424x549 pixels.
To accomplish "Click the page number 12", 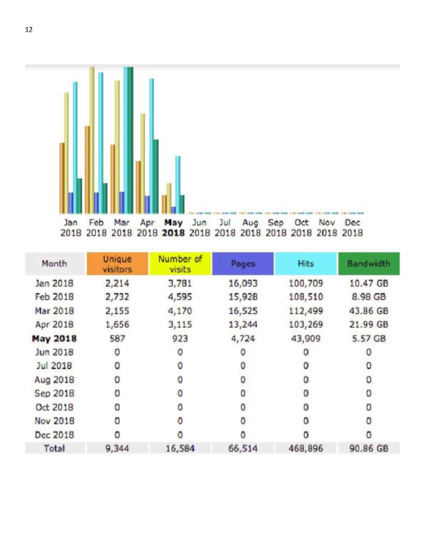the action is click(29, 30).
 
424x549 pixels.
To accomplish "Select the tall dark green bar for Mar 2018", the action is click(130, 140).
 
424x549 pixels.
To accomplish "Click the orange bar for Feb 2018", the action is click(87, 170).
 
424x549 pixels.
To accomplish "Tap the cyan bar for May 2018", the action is click(178, 185).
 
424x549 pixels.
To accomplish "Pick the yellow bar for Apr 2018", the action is click(143, 164).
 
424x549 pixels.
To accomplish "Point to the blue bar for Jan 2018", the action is click(71, 203).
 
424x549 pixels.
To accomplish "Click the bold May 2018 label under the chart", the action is click(173, 228).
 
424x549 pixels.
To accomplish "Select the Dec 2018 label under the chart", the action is click(352, 228).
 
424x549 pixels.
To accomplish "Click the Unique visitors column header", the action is click(117, 264).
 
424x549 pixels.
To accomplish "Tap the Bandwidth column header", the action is click(369, 264).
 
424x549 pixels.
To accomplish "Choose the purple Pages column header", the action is click(243, 264).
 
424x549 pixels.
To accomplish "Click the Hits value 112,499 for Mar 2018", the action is click(306, 311).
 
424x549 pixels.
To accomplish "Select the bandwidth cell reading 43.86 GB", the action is click(369, 311).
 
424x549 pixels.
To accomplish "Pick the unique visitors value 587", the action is click(117, 339).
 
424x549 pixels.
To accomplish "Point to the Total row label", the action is click(54, 448).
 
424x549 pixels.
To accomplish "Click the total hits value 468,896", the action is click(306, 448).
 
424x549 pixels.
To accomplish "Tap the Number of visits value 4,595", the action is click(180, 297).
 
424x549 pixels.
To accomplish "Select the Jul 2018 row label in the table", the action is click(54, 366).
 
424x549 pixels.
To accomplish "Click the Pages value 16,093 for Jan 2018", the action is click(243, 283).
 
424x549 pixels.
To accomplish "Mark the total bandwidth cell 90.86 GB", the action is click(369, 448).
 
